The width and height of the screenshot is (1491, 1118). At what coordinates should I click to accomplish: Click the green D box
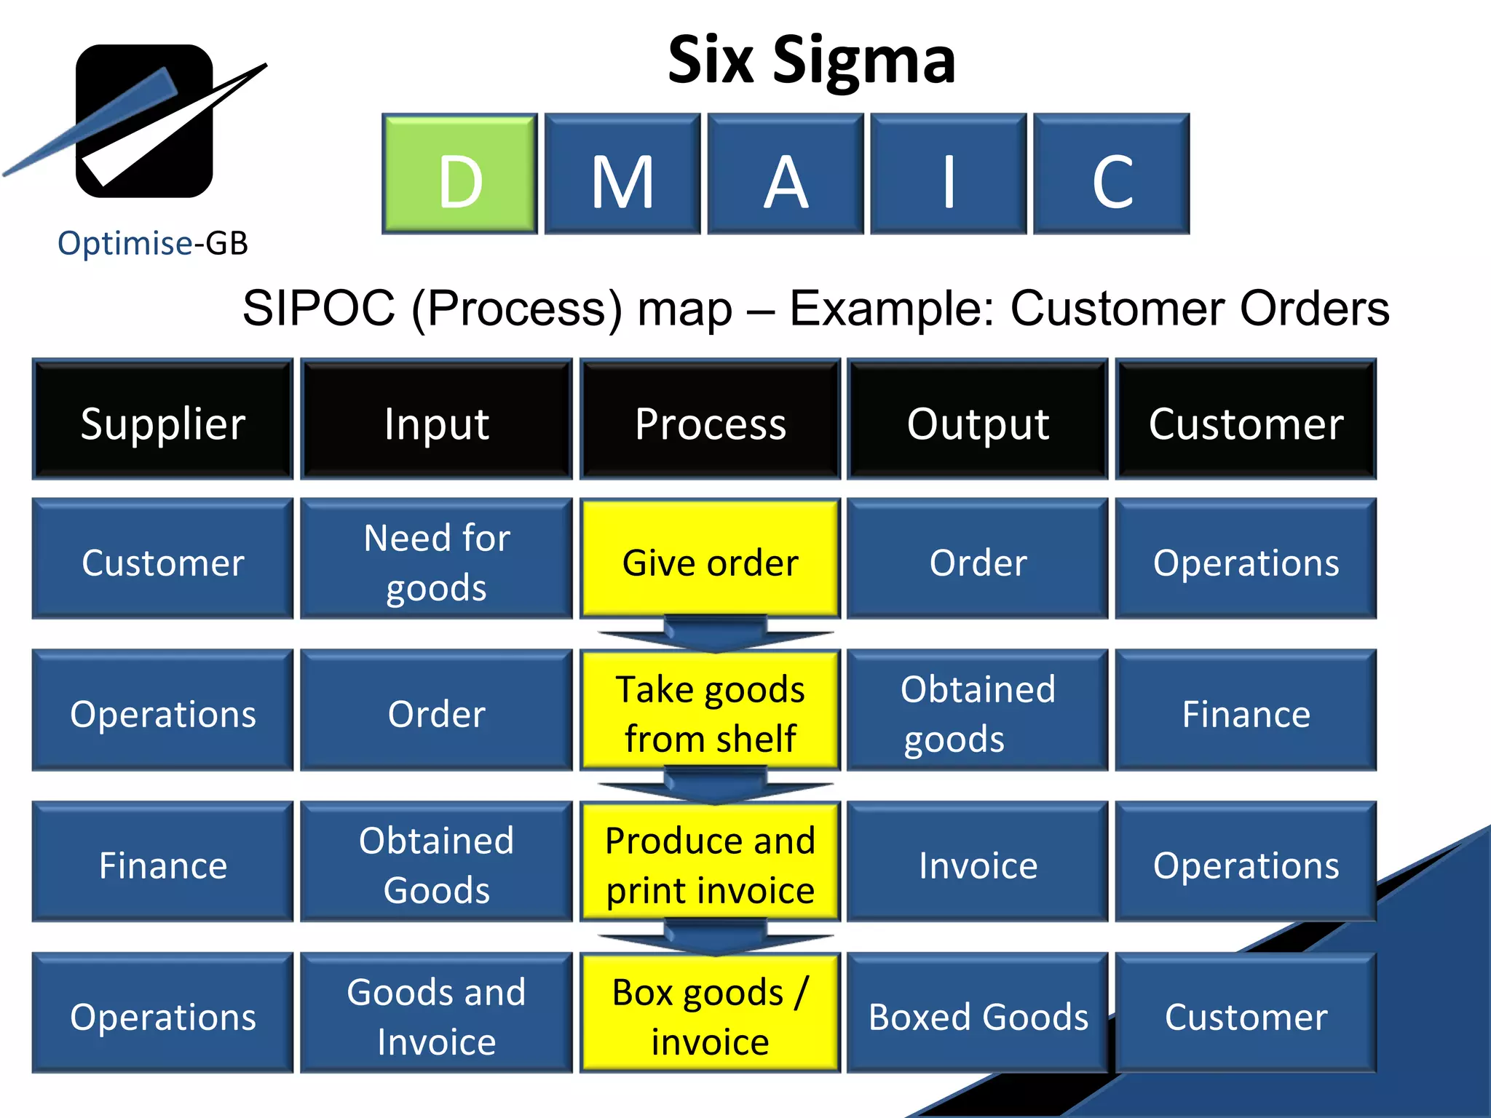[460, 174]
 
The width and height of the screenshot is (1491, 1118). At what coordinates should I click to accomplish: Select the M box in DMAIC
[622, 174]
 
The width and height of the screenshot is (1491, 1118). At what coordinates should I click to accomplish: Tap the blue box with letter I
[948, 174]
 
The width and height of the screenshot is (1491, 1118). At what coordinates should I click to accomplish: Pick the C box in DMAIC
[1112, 174]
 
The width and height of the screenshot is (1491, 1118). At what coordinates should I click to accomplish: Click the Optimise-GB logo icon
[144, 121]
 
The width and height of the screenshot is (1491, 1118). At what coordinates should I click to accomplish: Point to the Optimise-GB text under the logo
[152, 243]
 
